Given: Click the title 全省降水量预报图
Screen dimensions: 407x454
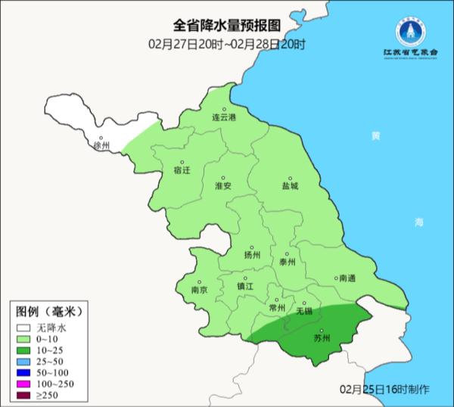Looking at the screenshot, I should pyautogui.click(x=227, y=27).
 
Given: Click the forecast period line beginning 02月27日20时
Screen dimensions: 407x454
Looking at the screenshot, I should pyautogui.click(x=227, y=44).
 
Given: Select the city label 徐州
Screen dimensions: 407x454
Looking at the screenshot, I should pyautogui.click(x=101, y=145).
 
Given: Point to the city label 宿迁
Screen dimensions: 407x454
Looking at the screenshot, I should pyautogui.click(x=182, y=170).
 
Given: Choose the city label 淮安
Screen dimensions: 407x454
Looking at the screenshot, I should pyautogui.click(x=223, y=185).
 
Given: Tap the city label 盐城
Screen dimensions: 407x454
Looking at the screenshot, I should pyautogui.click(x=290, y=185).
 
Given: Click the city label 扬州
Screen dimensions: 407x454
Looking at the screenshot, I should pyautogui.click(x=253, y=256).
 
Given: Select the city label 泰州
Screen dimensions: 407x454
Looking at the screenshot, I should pyautogui.click(x=287, y=262).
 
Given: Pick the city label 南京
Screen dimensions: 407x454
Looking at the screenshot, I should pyautogui.click(x=200, y=290).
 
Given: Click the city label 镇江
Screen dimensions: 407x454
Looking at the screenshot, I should pyautogui.click(x=246, y=287).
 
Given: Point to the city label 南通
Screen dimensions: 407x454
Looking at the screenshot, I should pyautogui.click(x=347, y=278).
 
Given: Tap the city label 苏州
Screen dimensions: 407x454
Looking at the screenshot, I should pyautogui.click(x=322, y=337).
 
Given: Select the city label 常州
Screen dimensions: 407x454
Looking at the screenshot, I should pyautogui.click(x=278, y=308).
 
